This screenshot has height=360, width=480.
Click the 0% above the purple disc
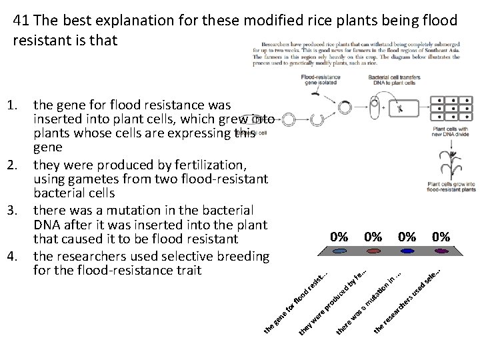click(440, 236)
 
